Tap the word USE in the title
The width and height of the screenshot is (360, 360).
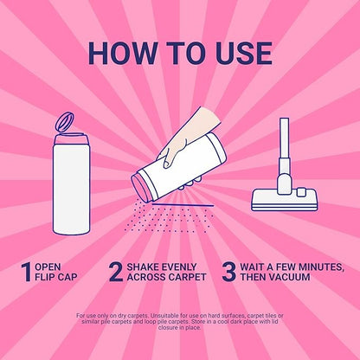[x=244, y=54]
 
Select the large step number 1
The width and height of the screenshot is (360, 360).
[x=26, y=272]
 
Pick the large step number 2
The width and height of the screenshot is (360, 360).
[x=116, y=272]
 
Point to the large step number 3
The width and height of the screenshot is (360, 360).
[x=229, y=272]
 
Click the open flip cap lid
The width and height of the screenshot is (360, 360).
[x=65, y=122]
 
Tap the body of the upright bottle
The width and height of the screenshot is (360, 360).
[x=71, y=189]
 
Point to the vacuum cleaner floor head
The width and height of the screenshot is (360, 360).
[x=285, y=199]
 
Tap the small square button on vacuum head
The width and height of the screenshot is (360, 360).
[x=301, y=193]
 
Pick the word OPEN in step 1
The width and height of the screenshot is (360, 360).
[x=48, y=267]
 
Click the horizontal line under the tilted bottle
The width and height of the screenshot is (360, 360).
[x=183, y=205]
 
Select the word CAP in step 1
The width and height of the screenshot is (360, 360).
[x=67, y=277]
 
